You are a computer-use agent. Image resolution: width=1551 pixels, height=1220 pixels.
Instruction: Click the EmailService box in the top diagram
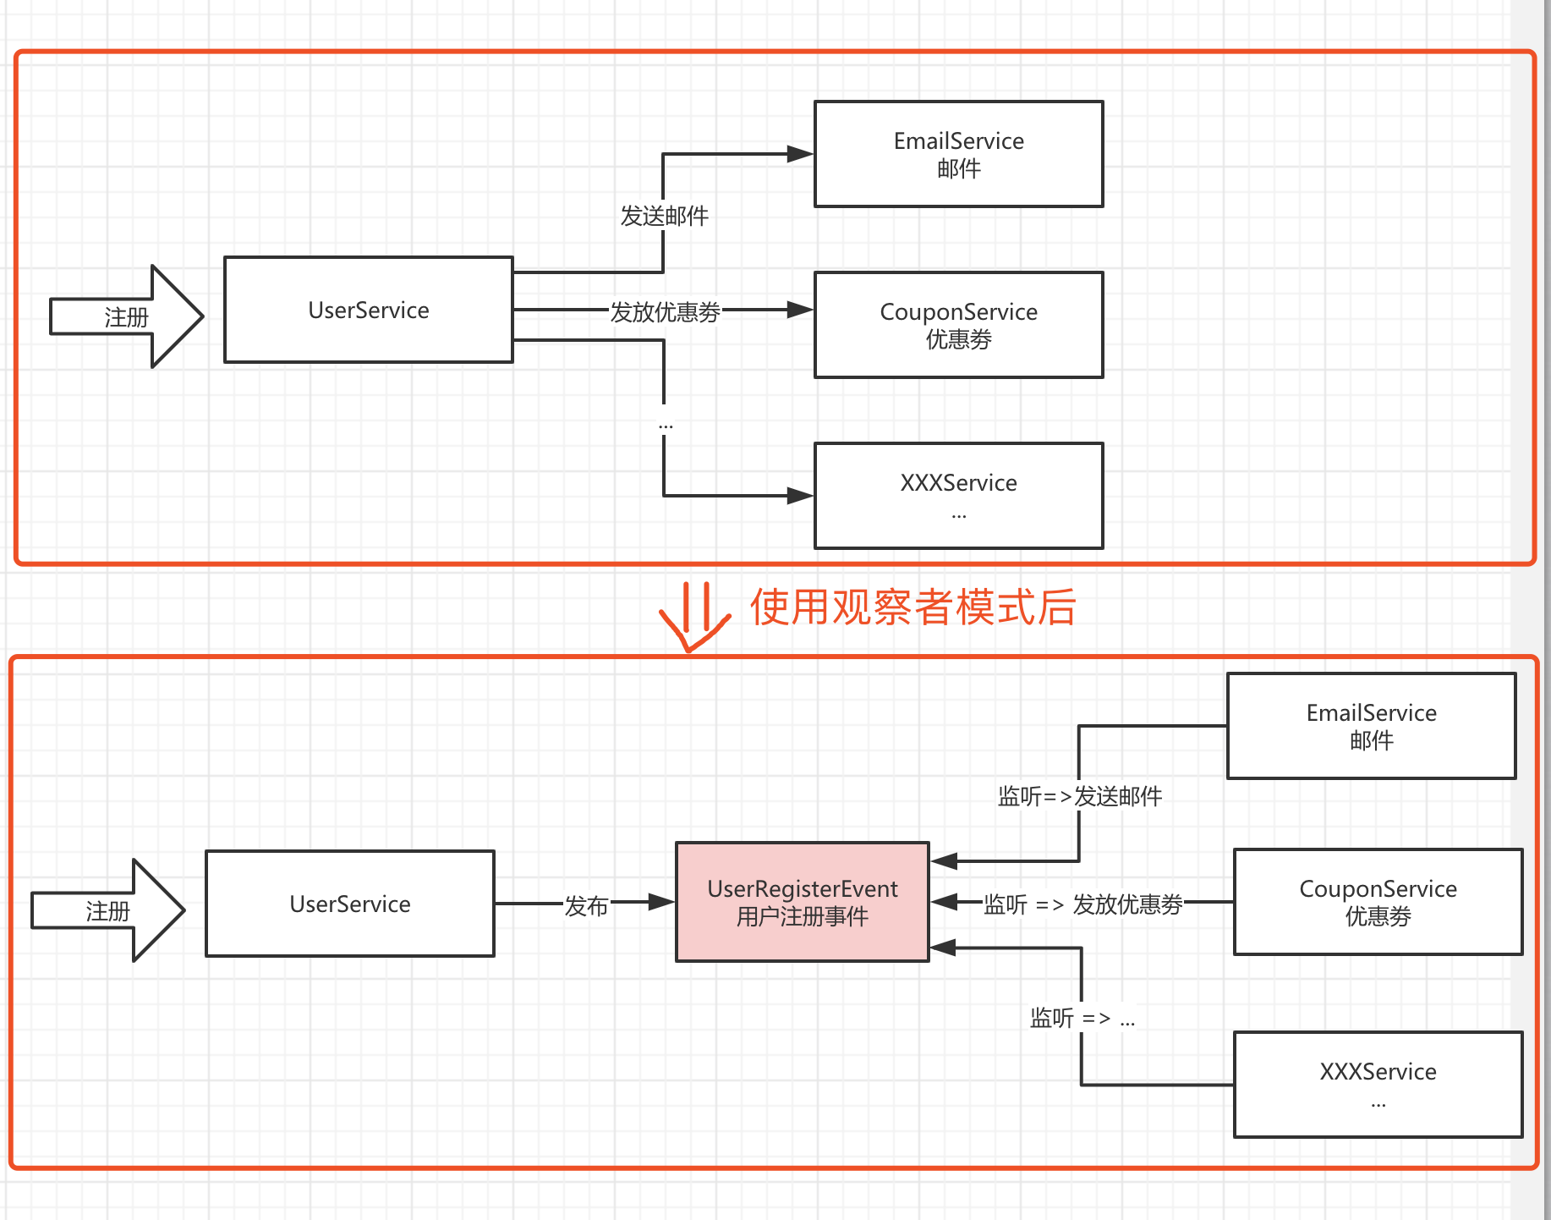958,154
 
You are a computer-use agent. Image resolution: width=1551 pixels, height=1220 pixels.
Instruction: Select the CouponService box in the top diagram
958,325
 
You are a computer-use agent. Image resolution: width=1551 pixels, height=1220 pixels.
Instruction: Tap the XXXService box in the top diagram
958,496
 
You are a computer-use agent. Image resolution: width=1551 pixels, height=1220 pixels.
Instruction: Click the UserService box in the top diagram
368,310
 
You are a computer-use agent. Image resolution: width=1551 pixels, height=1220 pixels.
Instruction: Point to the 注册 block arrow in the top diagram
127,316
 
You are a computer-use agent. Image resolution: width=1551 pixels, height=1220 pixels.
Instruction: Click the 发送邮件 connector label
664,216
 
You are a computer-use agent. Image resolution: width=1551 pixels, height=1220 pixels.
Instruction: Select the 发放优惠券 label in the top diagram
665,312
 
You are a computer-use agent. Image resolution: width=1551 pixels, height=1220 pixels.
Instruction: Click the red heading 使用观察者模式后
912,607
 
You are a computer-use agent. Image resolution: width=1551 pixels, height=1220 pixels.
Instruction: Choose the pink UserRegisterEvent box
802,902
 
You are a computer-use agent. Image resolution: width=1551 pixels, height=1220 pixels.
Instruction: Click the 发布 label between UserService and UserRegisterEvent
586,906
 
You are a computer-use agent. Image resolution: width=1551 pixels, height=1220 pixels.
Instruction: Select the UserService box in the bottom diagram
349,904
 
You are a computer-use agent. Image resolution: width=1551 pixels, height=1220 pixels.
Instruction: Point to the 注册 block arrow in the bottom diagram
108,910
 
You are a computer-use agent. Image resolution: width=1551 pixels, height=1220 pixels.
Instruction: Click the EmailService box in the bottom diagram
1371,726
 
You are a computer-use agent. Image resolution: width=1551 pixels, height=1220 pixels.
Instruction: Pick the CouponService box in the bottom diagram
1378,902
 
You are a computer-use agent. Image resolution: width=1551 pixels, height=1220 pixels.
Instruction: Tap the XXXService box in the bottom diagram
1378,1085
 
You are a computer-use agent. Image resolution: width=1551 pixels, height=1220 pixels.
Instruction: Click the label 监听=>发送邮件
1079,796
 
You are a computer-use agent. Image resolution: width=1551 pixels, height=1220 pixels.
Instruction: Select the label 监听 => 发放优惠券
1082,904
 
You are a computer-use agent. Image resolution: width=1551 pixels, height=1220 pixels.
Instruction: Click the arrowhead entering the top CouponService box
798,310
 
